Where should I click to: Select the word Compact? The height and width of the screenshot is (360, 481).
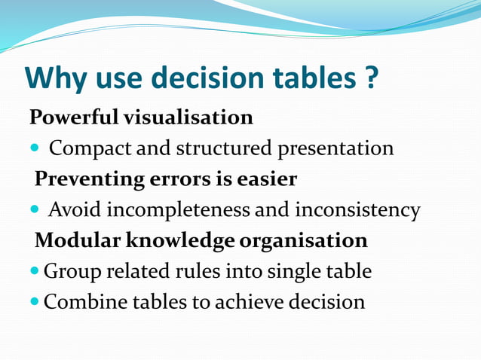90,149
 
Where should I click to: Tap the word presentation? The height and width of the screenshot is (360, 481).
335,149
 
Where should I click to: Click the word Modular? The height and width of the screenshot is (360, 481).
74,241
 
